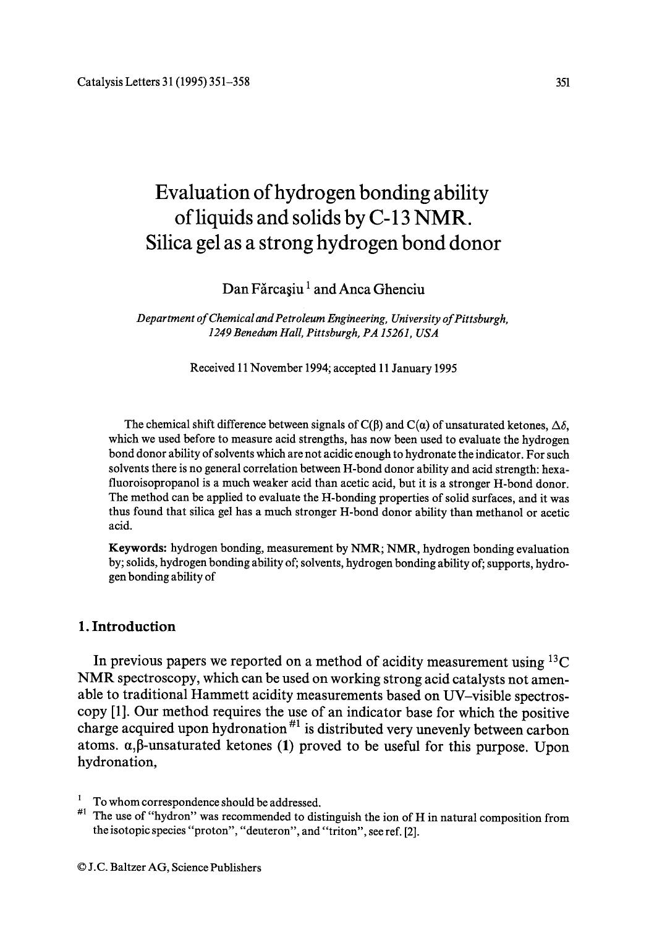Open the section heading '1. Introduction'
click(127, 627)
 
